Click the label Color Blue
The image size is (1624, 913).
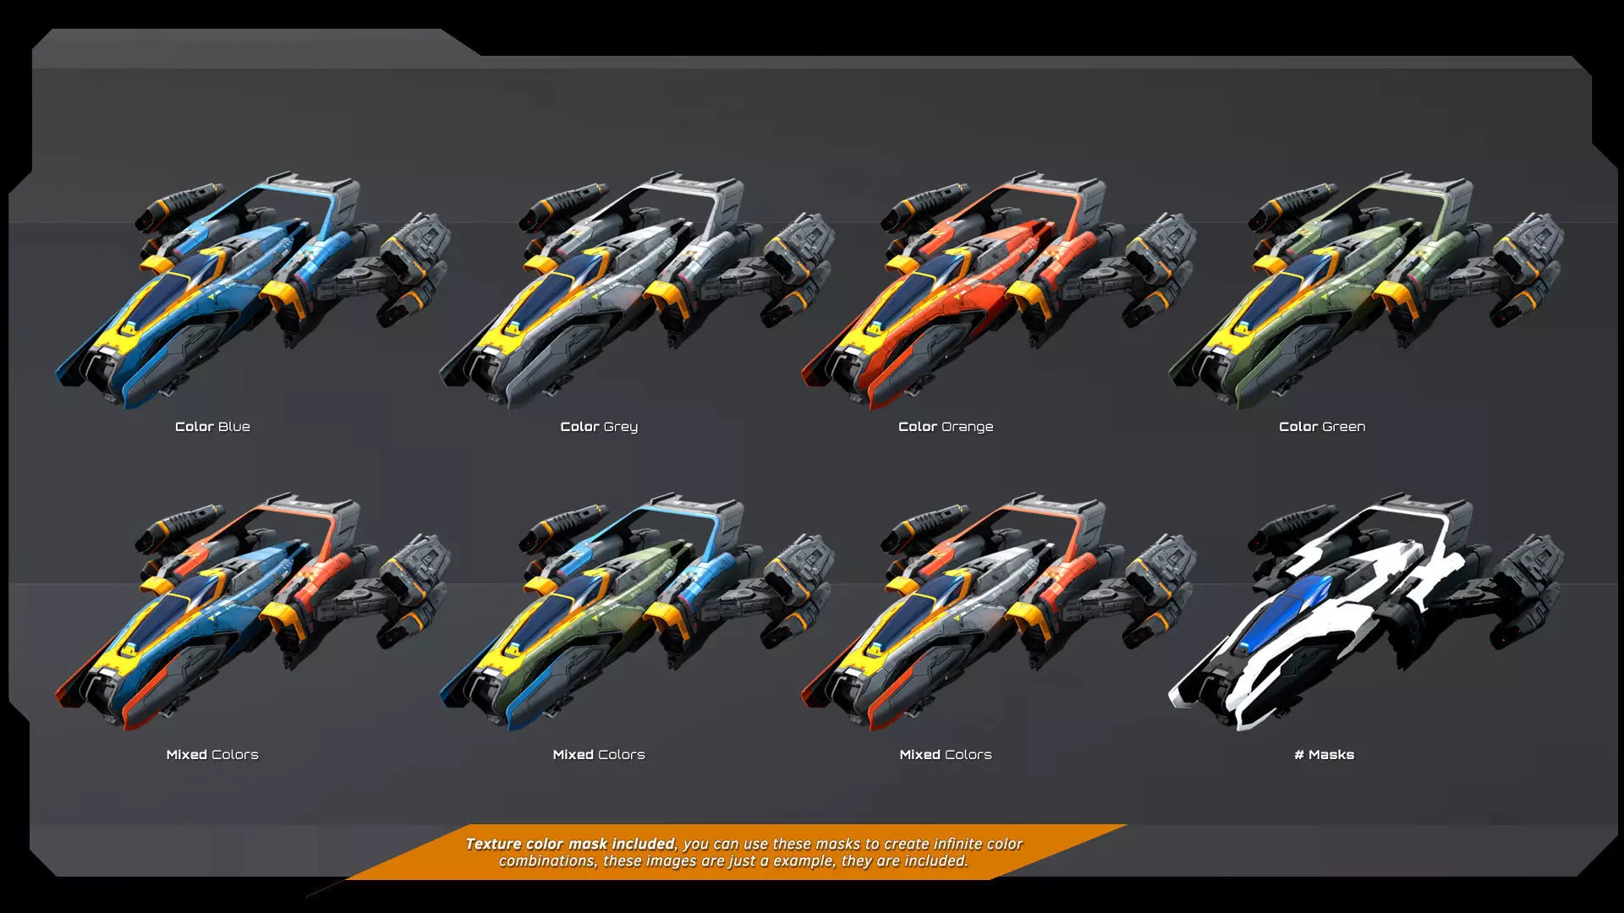pos(212,427)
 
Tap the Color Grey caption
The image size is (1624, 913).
pos(599,427)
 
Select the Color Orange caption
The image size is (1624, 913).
pos(946,427)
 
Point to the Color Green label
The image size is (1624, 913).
pos(1322,427)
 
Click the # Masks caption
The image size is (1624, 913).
pos(1324,755)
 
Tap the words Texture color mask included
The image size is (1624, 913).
pos(571,844)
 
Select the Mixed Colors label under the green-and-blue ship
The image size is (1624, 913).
pos(599,755)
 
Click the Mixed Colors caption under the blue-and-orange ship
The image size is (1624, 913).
pos(212,755)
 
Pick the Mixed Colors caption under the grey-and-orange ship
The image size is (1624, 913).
pos(946,755)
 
